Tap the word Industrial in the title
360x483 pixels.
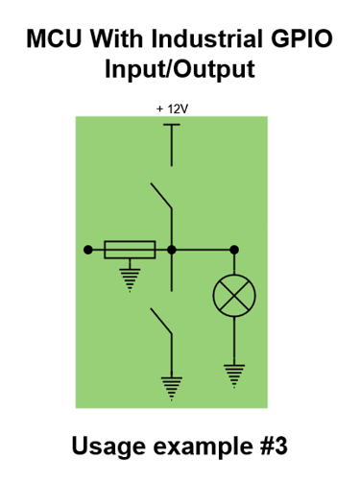click(204, 40)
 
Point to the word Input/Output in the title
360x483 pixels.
click(180, 71)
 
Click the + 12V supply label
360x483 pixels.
click(172, 109)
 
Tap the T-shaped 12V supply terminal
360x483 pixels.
click(172, 128)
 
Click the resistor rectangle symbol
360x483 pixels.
click(130, 250)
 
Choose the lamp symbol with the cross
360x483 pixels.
click(232, 297)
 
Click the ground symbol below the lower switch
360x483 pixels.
click(172, 387)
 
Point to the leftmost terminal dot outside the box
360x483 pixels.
click(87, 250)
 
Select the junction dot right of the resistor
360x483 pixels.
click(172, 250)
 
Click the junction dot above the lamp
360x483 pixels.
click(232, 250)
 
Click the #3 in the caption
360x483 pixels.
click(272, 447)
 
